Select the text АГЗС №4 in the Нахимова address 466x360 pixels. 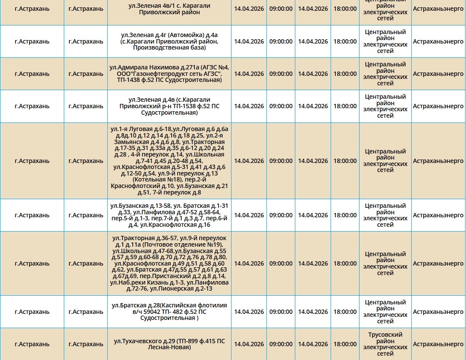pos(215,67)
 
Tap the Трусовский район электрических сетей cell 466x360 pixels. pos(385,344)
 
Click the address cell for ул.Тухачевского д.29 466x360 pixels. pos(169,344)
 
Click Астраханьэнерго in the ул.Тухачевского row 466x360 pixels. pos(438,344)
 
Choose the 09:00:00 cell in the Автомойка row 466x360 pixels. pos(281,41)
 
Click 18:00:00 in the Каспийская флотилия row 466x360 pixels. pos(345,312)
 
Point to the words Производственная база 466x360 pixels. pos(169,48)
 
